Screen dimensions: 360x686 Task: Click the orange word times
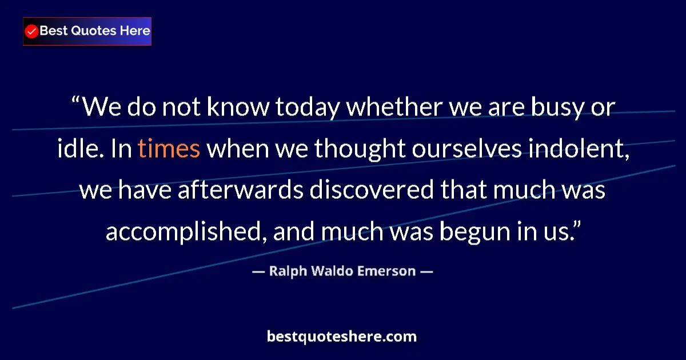coord(169,149)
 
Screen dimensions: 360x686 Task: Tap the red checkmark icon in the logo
coord(32,31)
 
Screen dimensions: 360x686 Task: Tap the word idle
coord(77,149)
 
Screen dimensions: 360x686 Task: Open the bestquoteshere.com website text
coord(342,337)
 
